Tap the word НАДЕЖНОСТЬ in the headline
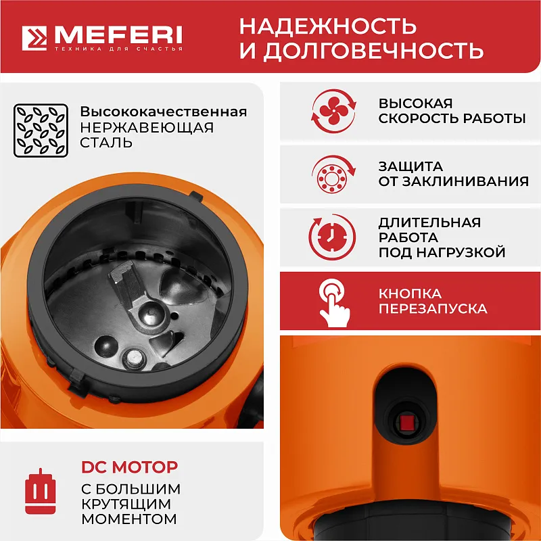[327, 26]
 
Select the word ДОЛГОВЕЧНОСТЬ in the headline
[374, 51]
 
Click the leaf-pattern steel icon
[40, 129]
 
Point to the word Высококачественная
[164, 112]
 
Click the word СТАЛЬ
[106, 143]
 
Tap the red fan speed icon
[333, 112]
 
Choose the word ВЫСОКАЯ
[415, 103]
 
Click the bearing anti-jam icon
[333, 174]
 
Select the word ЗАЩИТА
[410, 166]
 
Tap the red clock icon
[333, 237]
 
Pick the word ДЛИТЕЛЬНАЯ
[429, 222]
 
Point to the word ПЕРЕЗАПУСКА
[433, 309]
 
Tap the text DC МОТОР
[130, 467]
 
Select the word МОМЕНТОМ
[128, 519]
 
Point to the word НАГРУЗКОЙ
[467, 253]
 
